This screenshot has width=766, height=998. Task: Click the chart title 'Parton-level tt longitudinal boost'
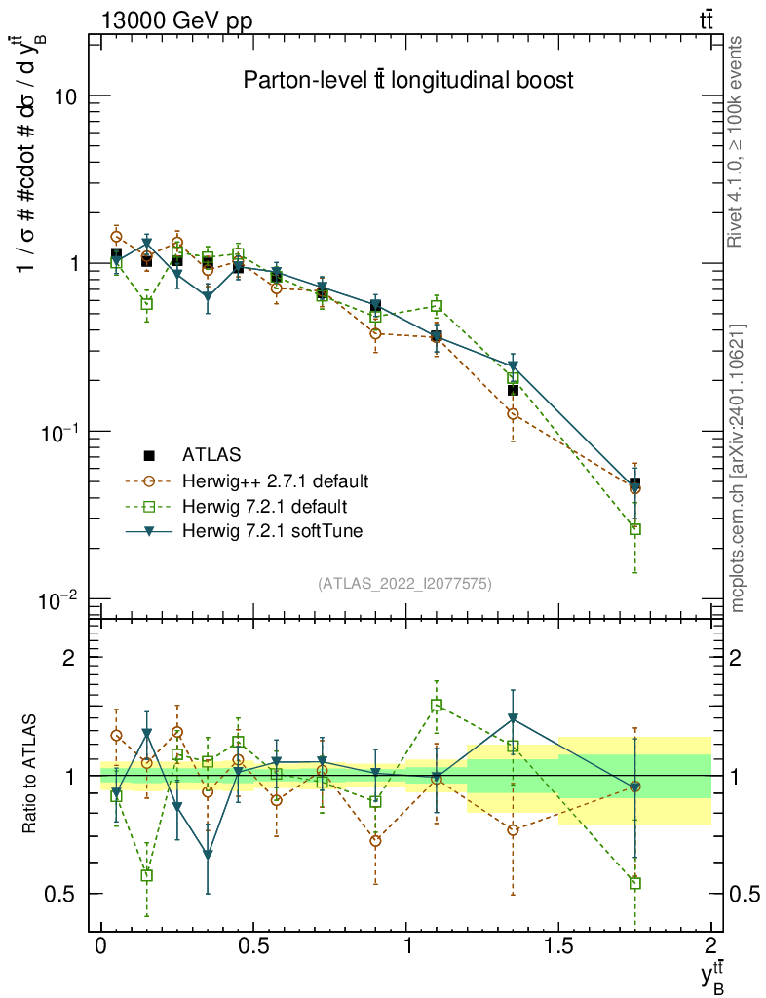407,81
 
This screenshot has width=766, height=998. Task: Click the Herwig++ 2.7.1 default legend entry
275,480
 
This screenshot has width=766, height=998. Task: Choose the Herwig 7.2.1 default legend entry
264,506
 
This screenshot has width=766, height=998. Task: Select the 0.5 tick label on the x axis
253,946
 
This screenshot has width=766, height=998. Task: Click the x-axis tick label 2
710,946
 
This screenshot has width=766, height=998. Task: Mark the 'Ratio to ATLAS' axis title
31,774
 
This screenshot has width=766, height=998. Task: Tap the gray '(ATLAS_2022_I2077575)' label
404,584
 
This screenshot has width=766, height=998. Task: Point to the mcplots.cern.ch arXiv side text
738,468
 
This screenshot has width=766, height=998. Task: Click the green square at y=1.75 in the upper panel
634,529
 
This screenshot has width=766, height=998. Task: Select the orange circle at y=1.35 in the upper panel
513,414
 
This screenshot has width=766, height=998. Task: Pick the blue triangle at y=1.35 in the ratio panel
513,719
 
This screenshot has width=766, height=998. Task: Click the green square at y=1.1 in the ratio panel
437,705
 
